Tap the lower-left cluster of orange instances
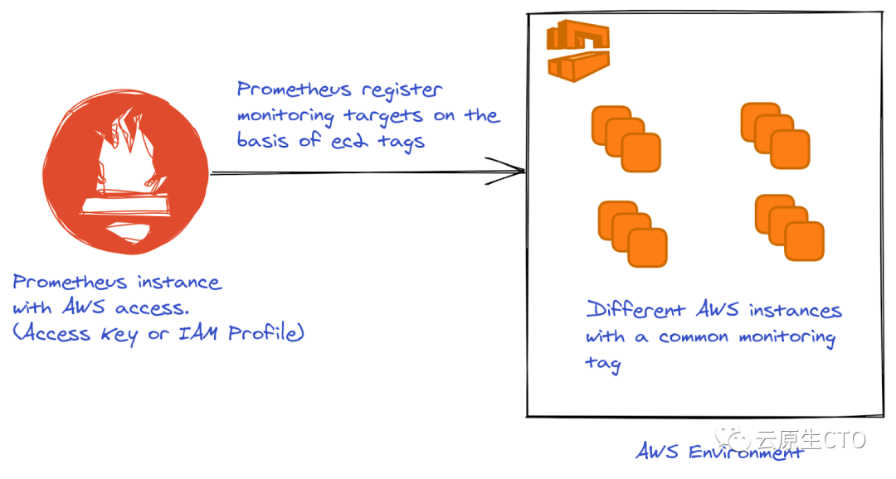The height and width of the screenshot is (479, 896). [x=633, y=234]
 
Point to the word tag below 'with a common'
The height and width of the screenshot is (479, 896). [x=603, y=364]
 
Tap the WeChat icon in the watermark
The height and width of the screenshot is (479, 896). [x=733, y=439]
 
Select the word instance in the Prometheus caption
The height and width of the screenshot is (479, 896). [x=180, y=282]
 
